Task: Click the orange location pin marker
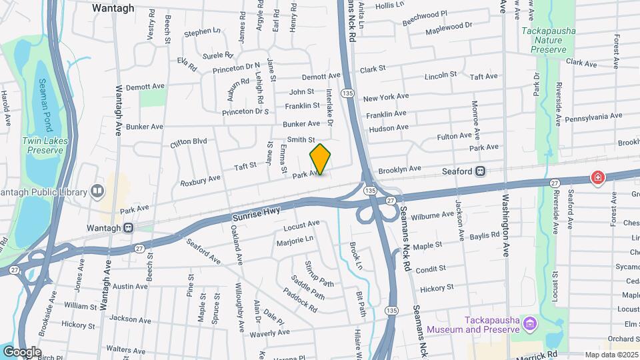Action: point(321,159)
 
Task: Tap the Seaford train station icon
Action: point(480,171)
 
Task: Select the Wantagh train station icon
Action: point(127,227)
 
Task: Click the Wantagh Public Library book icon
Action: point(98,192)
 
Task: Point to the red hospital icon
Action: point(598,177)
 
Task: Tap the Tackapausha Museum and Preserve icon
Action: point(529,324)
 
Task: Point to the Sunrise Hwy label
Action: point(257,213)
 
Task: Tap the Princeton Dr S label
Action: point(245,111)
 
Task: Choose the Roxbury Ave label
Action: point(200,179)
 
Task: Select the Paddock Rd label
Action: point(300,300)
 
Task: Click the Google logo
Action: point(21,352)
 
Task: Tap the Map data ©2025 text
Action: point(611,355)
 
